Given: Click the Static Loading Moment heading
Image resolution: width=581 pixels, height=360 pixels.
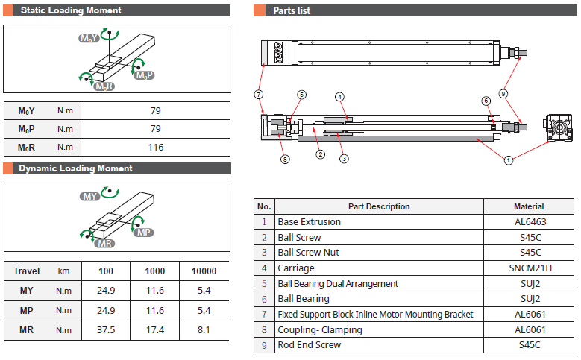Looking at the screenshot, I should tap(70, 11).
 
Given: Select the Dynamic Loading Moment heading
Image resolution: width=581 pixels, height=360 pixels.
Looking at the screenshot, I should tap(75, 168).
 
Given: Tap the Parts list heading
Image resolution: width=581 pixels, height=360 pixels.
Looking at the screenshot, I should tap(292, 11).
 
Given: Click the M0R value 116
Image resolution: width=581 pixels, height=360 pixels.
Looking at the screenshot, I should tap(155, 148).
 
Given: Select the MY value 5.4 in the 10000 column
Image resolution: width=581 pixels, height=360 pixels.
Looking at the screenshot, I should tap(204, 290).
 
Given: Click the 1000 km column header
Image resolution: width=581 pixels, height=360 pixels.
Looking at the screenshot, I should tap(155, 271).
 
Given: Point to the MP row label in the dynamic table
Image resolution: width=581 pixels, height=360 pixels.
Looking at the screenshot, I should tap(26, 310).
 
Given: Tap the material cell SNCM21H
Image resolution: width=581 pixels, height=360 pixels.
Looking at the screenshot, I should tap(529, 268).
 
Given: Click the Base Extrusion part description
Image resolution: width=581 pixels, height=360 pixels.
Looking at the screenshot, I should tap(309, 222).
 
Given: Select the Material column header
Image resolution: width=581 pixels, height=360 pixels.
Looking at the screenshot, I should tap(529, 206).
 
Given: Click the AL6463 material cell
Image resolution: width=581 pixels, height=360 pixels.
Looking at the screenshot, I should tap(529, 222).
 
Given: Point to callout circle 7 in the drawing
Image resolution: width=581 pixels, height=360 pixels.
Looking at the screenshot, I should tap(258, 95).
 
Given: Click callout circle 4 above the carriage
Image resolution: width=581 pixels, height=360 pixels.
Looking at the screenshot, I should tap(339, 97).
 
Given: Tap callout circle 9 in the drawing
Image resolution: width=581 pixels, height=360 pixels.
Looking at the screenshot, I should tap(503, 94).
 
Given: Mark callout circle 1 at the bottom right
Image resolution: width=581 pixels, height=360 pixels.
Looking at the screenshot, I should tap(509, 160).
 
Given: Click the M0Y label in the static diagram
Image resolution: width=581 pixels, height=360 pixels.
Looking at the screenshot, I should tap(89, 37).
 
